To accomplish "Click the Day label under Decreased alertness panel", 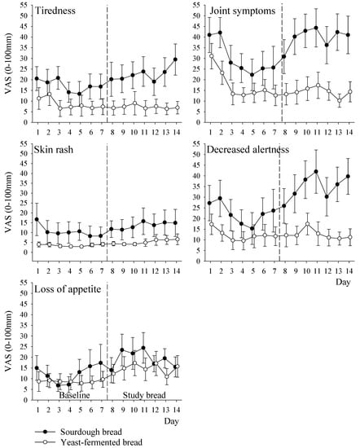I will point(340,281).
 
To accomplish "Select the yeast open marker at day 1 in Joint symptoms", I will point(210,55).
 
